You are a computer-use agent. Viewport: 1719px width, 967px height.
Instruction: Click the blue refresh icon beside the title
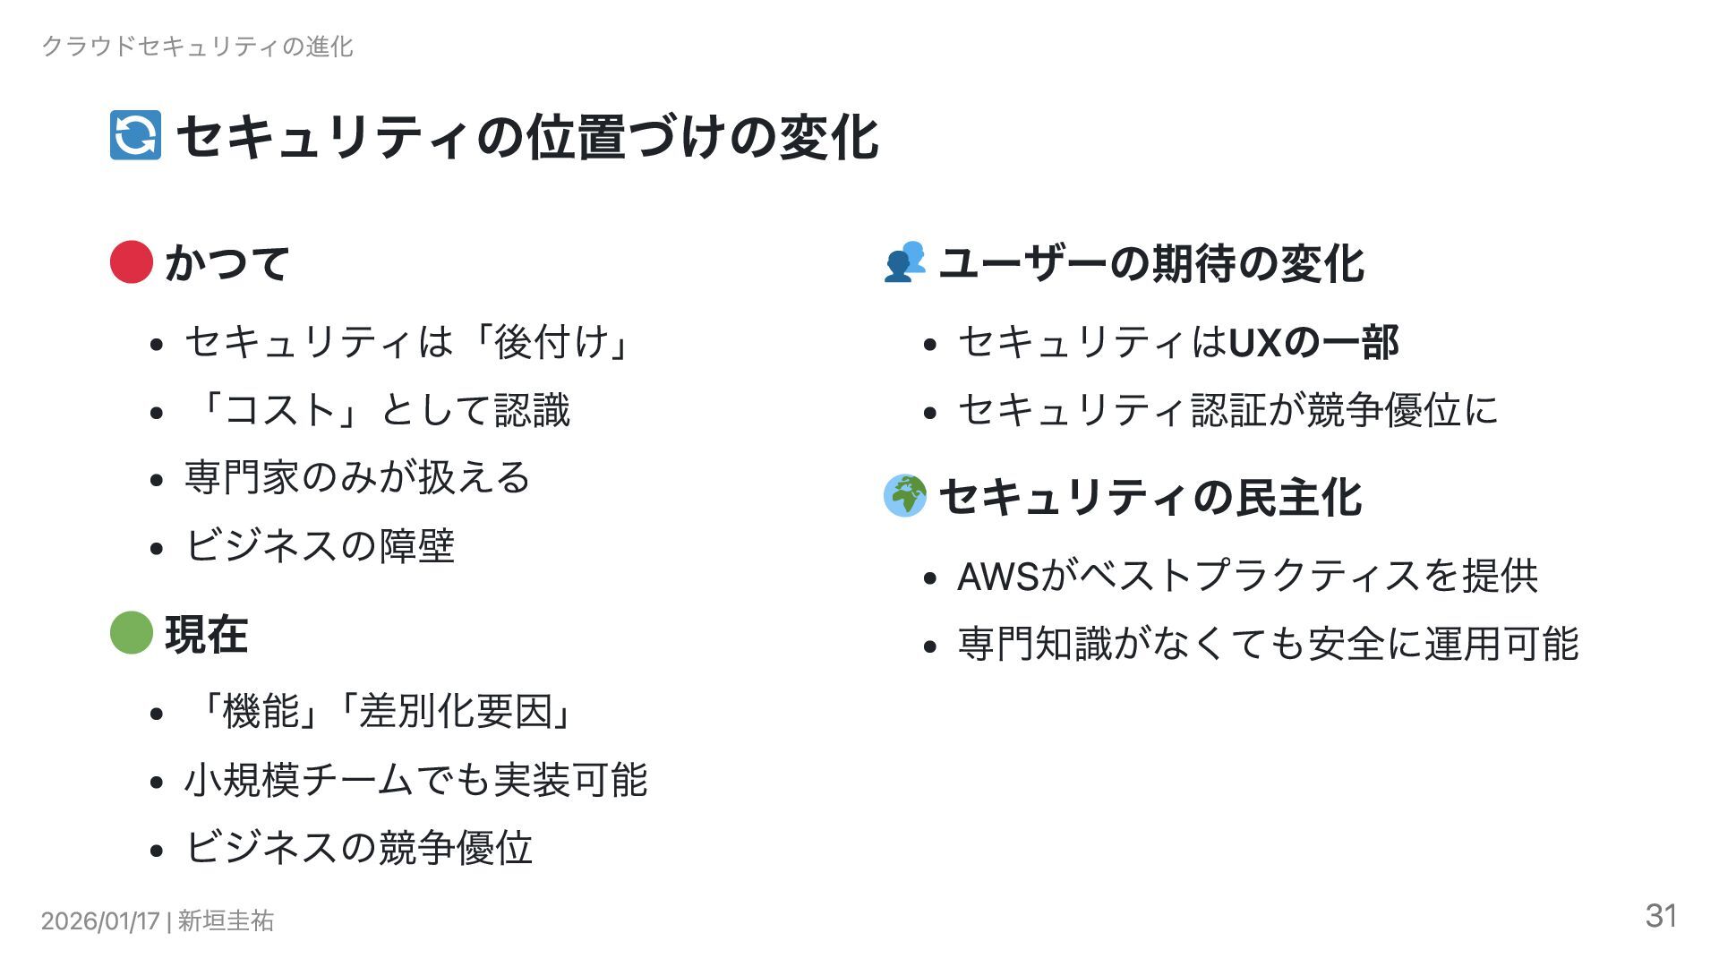point(135,135)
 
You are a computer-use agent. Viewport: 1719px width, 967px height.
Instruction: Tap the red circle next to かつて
point(132,261)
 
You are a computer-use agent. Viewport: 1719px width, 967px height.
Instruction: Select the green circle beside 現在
point(132,633)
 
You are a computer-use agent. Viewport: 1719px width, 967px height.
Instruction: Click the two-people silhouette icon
point(904,261)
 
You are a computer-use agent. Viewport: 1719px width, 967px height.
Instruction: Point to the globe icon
point(904,495)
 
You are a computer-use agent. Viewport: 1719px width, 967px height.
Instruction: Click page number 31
point(1661,915)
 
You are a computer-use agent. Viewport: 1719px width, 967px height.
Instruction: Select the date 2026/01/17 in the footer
point(100,920)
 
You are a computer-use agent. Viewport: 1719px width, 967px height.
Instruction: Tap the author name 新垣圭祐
point(226,920)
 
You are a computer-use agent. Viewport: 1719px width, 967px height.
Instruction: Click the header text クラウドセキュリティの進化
point(198,47)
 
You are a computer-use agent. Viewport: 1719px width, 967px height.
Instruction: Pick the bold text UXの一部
point(1313,342)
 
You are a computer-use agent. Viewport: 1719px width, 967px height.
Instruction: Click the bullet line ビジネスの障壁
point(320,545)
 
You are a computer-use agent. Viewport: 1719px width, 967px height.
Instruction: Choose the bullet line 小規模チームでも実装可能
point(415,780)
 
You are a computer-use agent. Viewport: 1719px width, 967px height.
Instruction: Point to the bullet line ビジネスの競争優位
point(358,847)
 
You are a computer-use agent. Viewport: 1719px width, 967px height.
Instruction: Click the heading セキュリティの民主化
point(1150,497)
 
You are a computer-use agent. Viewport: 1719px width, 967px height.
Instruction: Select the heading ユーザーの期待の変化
point(1150,263)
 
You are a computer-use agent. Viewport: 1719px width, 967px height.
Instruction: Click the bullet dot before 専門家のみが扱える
point(158,480)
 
